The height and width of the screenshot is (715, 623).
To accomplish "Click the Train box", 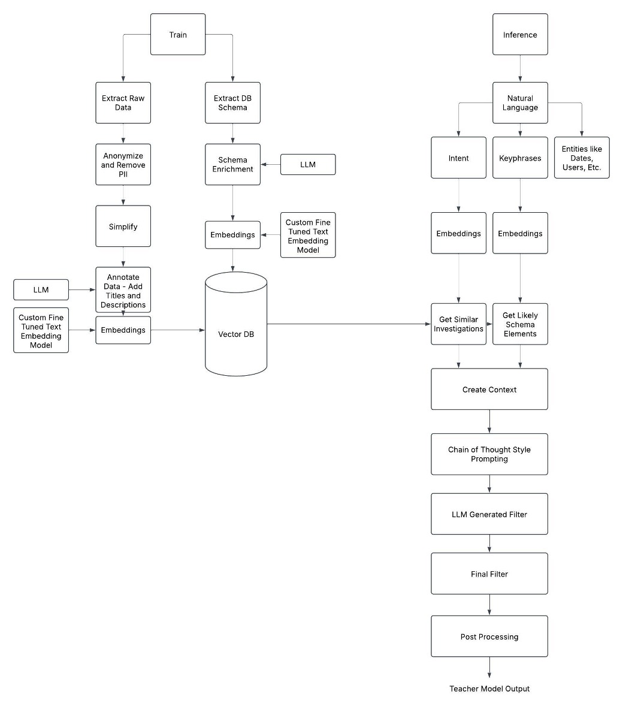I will point(178,35).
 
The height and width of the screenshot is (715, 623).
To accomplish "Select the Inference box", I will point(520,35).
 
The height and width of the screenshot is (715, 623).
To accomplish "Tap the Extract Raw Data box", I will point(123,103).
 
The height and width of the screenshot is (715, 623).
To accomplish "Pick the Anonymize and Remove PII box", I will point(123,164).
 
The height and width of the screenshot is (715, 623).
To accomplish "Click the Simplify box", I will point(123,227).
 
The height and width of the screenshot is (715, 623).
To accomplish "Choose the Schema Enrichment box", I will point(232,164).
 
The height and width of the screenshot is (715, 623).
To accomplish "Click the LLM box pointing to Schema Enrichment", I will point(307,164).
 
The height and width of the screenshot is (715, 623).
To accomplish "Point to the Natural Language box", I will point(520,103).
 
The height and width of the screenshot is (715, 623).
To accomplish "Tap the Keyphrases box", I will point(520,158).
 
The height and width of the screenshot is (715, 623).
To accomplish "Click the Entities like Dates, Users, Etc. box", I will point(581,158).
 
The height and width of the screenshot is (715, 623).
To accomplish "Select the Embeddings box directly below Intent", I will point(458,233).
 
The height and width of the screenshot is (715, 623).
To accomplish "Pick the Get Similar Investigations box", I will point(458,324).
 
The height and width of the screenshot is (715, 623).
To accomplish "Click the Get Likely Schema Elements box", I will point(520,324).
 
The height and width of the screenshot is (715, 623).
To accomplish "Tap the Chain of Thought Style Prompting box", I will point(489,454).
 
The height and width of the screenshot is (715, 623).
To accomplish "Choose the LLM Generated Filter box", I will point(489,514).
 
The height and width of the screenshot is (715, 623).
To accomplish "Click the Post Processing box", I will point(489,636).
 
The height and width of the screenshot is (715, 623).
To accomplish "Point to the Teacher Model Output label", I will point(489,689).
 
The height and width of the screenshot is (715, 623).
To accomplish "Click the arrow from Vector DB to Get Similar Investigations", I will point(347,324).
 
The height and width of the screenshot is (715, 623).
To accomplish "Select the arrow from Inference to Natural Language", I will point(520,68).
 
